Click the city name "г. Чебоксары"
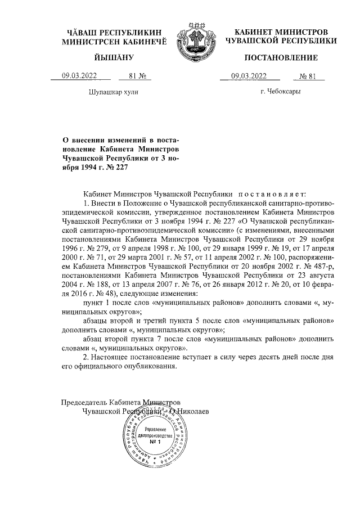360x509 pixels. pos(280,91)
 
